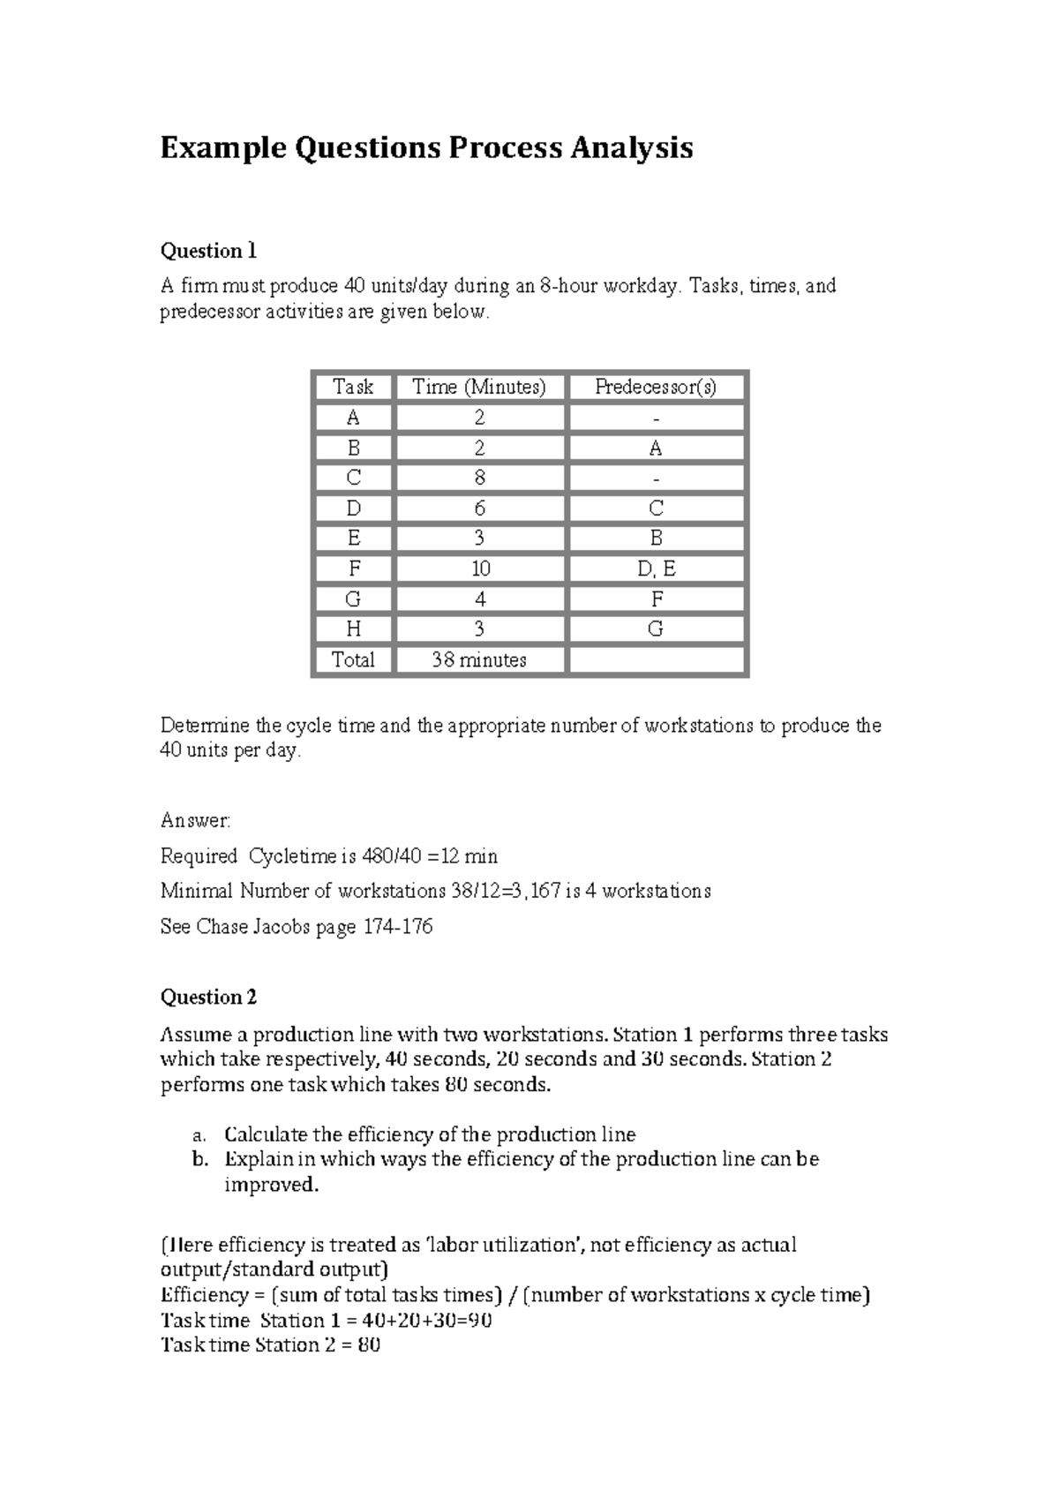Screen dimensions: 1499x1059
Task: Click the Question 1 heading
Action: click(208, 252)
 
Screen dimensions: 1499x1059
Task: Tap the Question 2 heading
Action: click(208, 998)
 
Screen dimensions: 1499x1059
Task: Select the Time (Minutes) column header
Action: click(479, 387)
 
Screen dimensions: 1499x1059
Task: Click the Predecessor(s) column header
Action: click(656, 387)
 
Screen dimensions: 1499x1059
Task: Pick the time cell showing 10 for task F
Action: click(479, 569)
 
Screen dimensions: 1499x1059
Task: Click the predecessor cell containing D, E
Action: click(656, 569)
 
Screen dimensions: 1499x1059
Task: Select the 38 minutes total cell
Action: click(479, 660)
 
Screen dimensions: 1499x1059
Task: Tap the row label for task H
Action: click(353, 629)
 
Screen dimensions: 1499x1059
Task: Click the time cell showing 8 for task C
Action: click(479, 478)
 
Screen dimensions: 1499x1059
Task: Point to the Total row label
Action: click(353, 660)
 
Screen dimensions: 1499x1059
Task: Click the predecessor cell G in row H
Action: click(656, 629)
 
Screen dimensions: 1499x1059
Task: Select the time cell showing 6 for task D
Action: click(479, 508)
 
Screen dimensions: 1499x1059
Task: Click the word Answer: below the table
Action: click(195, 821)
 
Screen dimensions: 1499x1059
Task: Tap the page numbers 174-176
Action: click(398, 927)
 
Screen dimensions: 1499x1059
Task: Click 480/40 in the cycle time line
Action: click(392, 856)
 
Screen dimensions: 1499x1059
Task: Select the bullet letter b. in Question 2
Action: click(200, 1160)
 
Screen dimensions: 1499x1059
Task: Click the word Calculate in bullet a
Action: click(267, 1135)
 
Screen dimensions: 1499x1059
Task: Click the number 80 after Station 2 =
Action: click(369, 1345)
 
